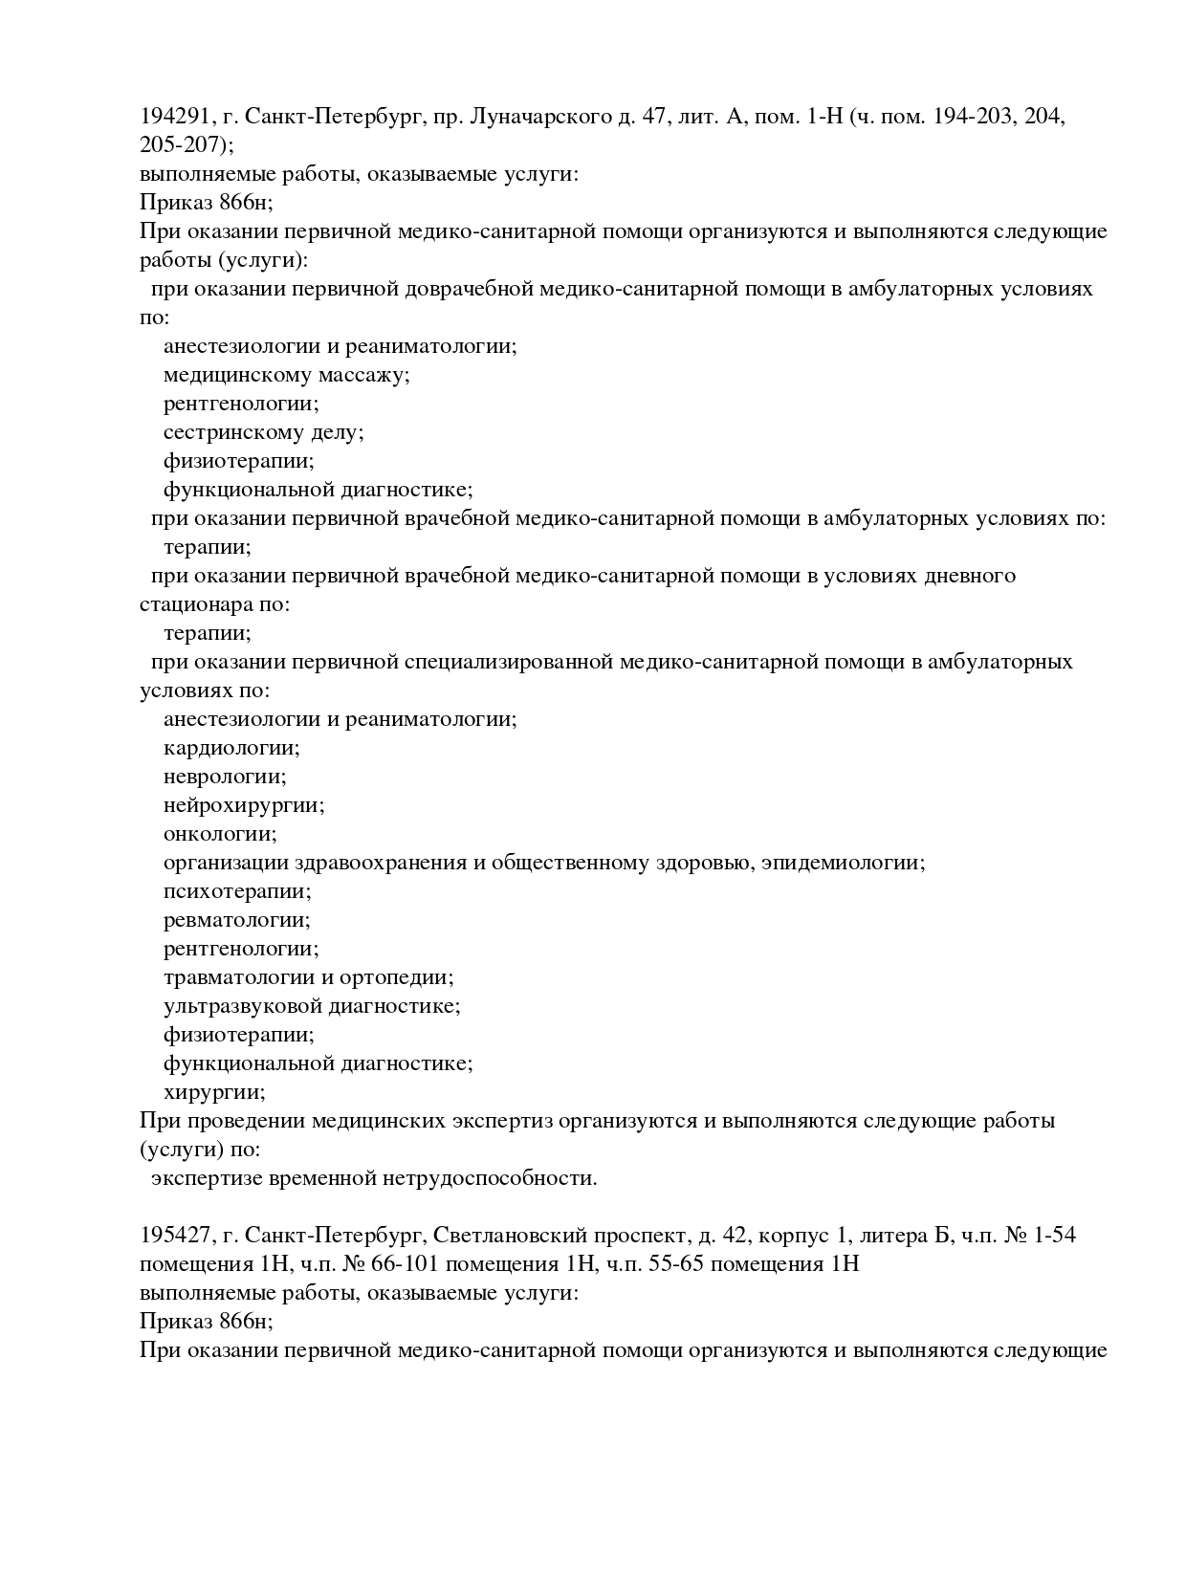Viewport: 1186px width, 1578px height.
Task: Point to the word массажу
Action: pos(363,375)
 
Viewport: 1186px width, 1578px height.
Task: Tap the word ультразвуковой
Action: pos(243,1006)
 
